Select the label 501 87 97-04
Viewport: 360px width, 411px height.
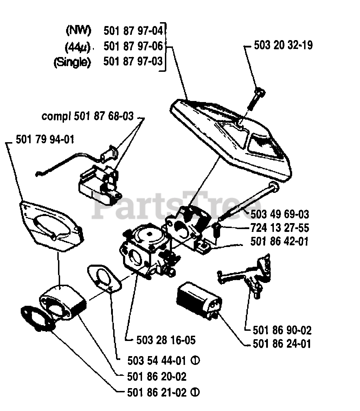point(134,31)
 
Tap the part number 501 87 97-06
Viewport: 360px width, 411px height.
point(134,46)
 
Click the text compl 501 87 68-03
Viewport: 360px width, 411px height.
point(88,116)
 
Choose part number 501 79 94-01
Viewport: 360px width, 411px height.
point(45,139)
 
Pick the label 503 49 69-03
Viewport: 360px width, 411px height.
point(280,214)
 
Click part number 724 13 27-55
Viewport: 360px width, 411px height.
point(280,228)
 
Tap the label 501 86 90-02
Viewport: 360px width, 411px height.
point(282,330)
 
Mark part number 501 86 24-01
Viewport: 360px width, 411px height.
point(282,344)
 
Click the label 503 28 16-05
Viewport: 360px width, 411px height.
point(166,340)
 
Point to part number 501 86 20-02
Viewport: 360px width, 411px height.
point(156,377)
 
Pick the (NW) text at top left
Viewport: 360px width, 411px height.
point(78,31)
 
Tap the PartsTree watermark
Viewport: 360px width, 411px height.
point(176,208)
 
